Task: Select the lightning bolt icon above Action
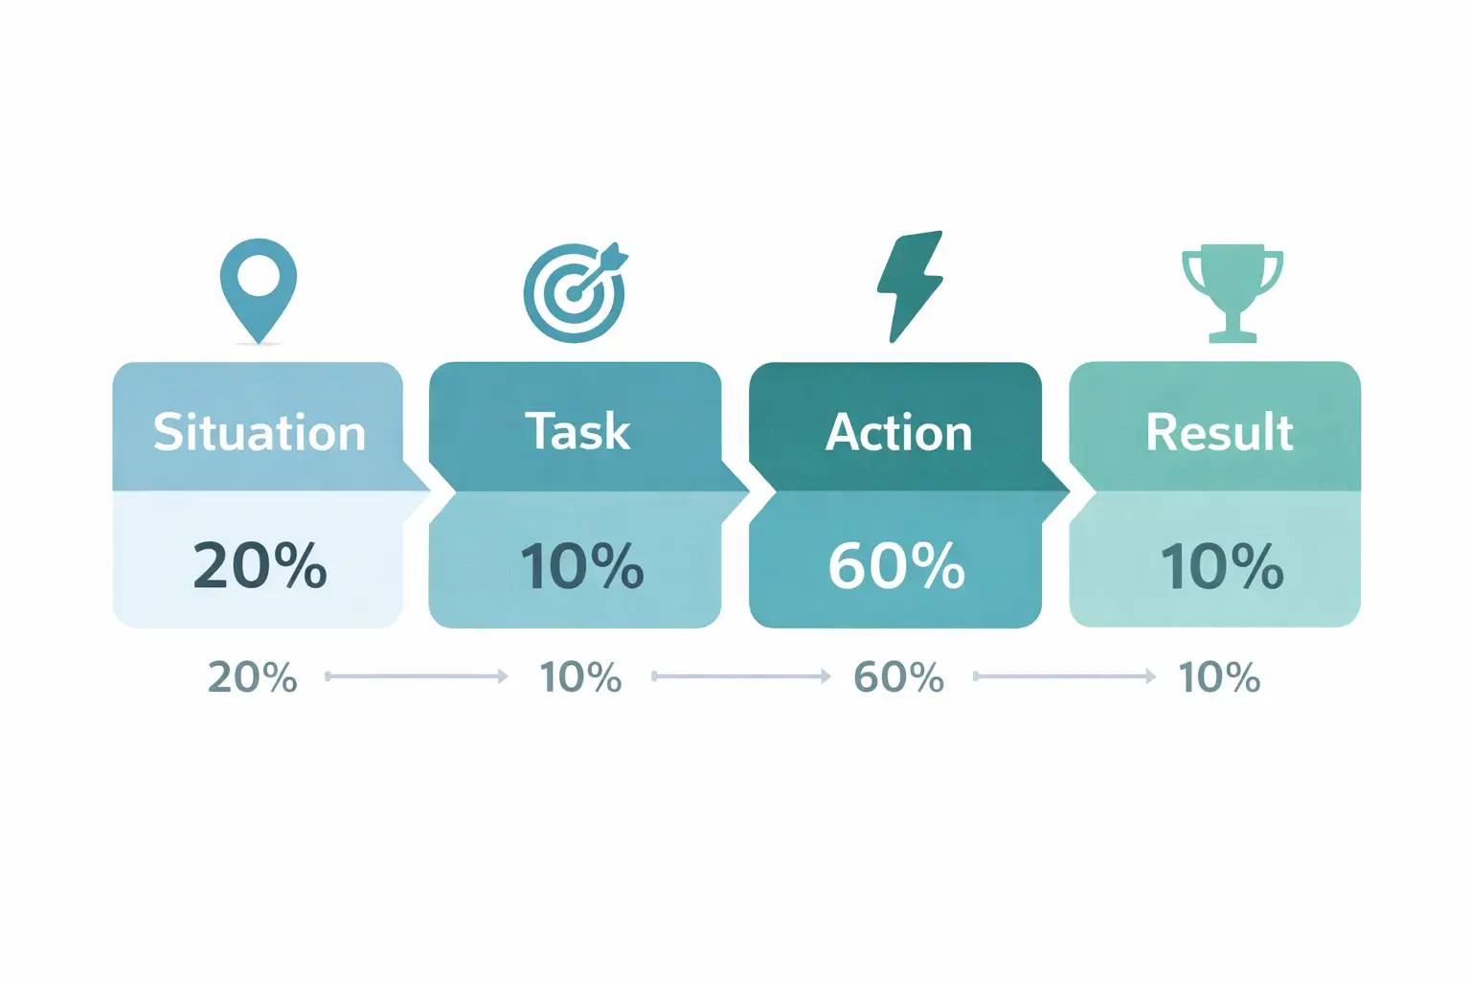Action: (910, 285)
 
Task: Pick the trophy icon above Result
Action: (1232, 291)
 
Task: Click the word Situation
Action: (260, 432)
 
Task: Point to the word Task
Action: (577, 431)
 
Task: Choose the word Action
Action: (898, 432)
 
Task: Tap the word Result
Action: (1219, 432)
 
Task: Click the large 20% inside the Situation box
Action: (260, 565)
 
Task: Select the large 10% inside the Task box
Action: (581, 565)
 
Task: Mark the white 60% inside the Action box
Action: (896, 565)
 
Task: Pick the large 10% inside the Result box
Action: (1221, 565)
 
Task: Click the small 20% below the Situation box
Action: (253, 677)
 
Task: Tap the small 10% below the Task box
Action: (580, 677)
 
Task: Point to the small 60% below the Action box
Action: (898, 677)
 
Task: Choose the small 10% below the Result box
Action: (1219, 677)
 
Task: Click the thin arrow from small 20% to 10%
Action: (417, 676)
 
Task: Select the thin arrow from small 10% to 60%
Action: (741, 676)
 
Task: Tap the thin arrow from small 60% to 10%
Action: (1064, 676)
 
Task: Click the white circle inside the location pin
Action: (258, 277)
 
